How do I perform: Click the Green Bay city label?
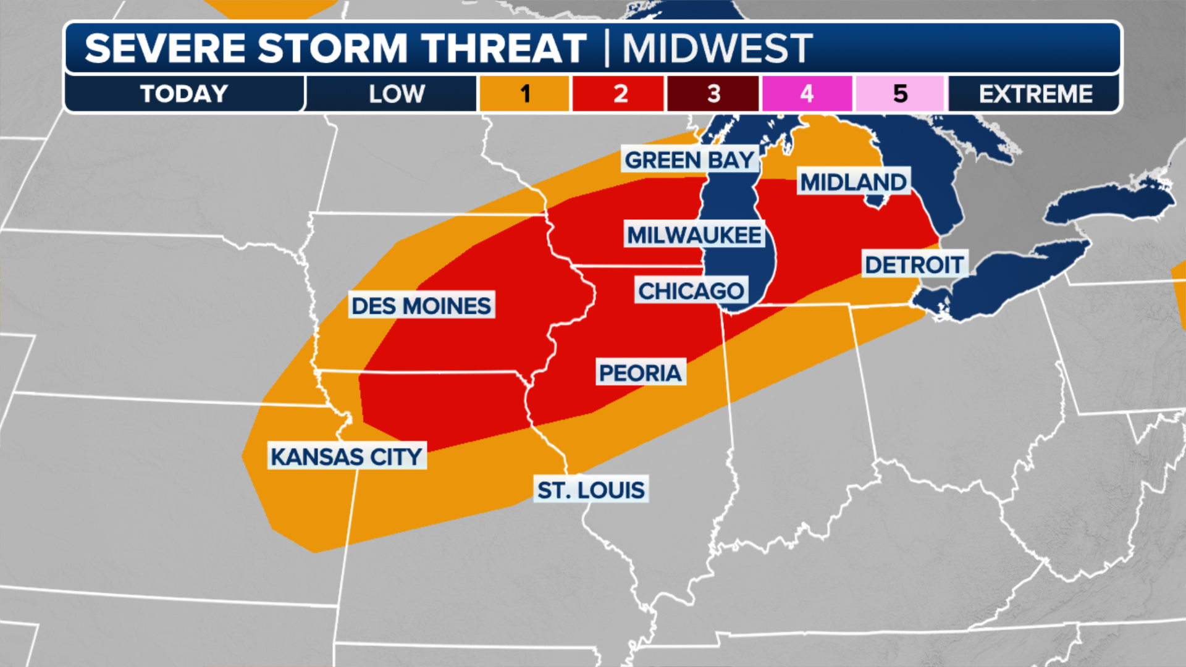click(689, 160)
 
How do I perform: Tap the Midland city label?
click(853, 182)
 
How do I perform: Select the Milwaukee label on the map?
click(694, 235)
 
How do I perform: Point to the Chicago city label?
click(691, 291)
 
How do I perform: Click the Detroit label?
click(914, 265)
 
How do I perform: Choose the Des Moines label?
click(421, 306)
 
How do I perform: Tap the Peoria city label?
click(640, 373)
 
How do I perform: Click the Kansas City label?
click(347, 457)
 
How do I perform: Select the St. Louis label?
click(591, 490)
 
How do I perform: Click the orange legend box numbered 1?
click(524, 94)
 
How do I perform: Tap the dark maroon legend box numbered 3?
click(713, 94)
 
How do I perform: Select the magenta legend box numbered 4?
click(807, 94)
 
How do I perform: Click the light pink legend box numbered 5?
click(900, 94)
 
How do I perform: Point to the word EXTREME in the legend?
click(1035, 94)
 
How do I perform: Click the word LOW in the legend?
click(397, 94)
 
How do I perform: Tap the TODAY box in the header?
click(184, 94)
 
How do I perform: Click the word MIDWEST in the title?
click(717, 48)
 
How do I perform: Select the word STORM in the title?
click(332, 48)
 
